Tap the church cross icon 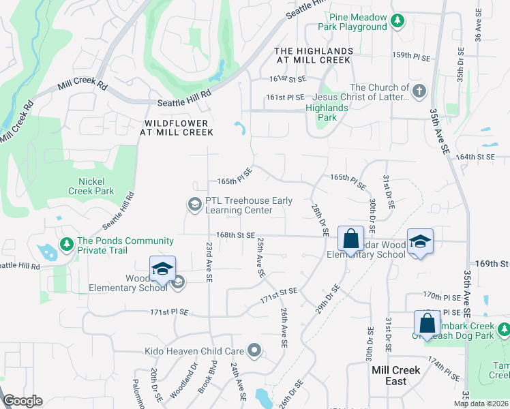[419, 90]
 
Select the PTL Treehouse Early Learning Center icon [194, 204]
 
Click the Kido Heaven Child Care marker [255, 351]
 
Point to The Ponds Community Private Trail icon [66, 243]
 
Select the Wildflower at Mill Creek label [179, 127]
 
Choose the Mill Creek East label [396, 375]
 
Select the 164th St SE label [475, 157]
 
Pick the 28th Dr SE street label [320, 219]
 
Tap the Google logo [23, 401]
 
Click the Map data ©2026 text [481, 404]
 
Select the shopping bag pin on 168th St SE [350, 239]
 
